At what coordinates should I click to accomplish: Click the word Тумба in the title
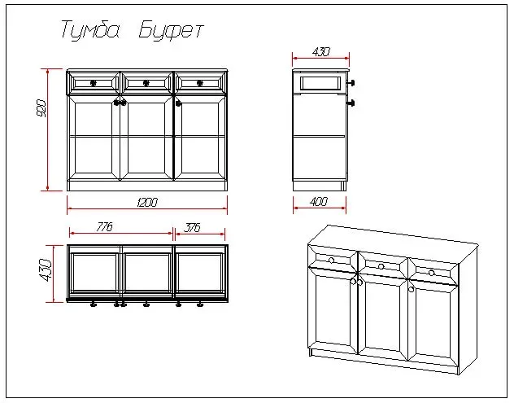click(90, 29)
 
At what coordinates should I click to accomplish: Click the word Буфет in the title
click(171, 30)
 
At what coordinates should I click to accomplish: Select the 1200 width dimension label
click(147, 202)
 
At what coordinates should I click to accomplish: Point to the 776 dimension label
click(105, 227)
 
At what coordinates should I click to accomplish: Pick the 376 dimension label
click(192, 227)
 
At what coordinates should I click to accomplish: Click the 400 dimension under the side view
click(319, 201)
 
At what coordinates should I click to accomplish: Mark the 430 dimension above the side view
click(321, 52)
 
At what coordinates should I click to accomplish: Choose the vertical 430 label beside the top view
click(45, 269)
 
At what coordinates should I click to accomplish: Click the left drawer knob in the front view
click(93, 83)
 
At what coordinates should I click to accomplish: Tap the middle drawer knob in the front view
click(146, 83)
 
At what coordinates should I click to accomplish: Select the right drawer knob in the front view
click(199, 83)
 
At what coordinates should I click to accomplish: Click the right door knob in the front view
click(178, 103)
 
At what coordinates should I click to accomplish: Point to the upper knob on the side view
click(351, 83)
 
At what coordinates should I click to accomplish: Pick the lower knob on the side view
click(351, 103)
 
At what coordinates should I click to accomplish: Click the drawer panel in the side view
click(320, 83)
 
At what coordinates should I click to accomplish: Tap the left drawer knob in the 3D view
click(331, 261)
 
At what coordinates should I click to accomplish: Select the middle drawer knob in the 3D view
click(381, 266)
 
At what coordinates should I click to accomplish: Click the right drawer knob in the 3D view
click(431, 273)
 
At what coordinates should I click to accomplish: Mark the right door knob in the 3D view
click(411, 290)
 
